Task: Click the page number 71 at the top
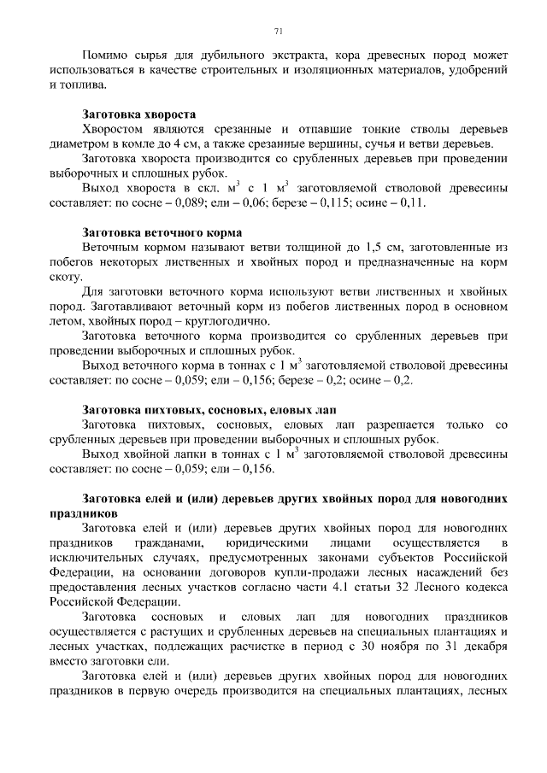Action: click(279, 32)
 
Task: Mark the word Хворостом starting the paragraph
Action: click(113, 128)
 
